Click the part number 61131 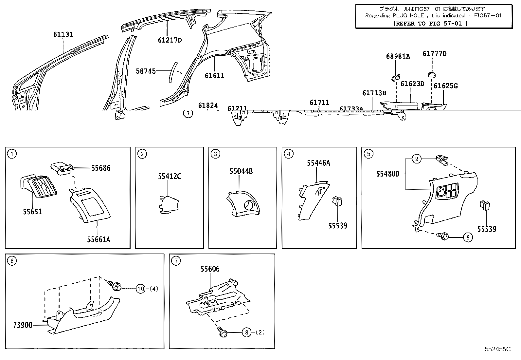63,34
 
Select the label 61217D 170,40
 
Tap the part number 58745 146,71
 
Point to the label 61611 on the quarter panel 215,76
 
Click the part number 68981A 398,56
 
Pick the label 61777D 434,53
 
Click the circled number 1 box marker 12,154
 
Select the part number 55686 100,168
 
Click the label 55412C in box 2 169,177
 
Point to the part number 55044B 241,171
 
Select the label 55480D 387,174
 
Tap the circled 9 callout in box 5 416,159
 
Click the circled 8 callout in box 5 468,237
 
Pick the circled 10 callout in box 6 140,289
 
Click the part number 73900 23,325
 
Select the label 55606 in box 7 210,269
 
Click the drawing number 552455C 497,349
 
